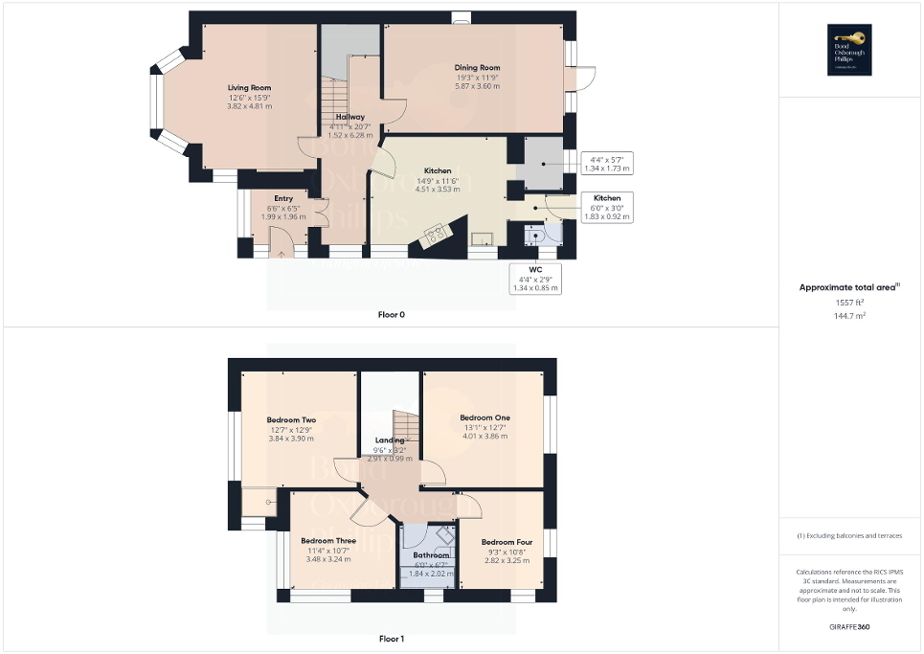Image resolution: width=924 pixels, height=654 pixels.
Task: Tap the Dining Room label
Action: coord(477,68)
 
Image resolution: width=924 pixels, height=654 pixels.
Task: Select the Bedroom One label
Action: coord(485,417)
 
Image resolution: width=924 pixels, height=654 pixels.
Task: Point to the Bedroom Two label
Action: coord(291,420)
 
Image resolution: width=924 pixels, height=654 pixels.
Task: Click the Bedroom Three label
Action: coord(328,541)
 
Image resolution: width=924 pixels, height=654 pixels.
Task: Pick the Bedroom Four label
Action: coord(507,543)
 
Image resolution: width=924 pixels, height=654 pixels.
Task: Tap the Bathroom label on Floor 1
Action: coord(431,555)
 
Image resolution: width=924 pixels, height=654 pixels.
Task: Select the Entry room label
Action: coord(283,198)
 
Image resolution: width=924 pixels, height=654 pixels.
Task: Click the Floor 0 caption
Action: coord(391,314)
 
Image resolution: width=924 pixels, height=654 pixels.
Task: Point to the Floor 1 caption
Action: coord(391,639)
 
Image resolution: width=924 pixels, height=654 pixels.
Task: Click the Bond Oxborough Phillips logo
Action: coord(850,49)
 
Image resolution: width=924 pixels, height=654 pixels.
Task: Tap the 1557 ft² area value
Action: coord(850,303)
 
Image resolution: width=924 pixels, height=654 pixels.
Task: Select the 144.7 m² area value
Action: coord(850,314)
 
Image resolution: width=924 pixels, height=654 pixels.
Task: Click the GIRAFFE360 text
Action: coord(850,627)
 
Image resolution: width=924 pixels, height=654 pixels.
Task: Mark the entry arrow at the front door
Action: coord(282,254)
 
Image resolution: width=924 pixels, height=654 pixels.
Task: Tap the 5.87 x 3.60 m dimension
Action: coord(477,86)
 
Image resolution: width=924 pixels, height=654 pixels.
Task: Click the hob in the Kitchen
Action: coord(436,234)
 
